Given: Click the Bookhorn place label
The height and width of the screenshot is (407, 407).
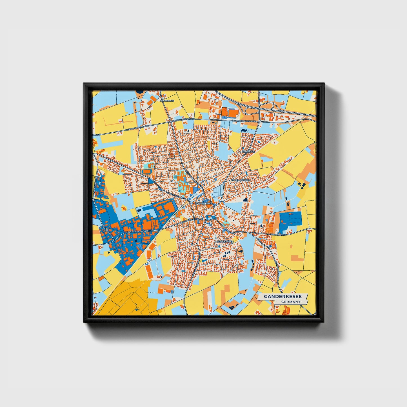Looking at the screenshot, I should pyautogui.click(x=167, y=100).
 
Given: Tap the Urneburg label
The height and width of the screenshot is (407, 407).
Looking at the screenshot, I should pyautogui.click(x=248, y=152).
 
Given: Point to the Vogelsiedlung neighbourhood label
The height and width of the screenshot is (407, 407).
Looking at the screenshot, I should pyautogui.click(x=241, y=180).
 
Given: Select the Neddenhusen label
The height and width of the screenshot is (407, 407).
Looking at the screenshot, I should pyautogui.click(x=224, y=242).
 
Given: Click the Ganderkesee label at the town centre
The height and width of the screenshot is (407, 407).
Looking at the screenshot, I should pyautogui.click(x=203, y=203).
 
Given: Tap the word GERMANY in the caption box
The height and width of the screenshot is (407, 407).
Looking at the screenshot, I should pyautogui.click(x=291, y=302).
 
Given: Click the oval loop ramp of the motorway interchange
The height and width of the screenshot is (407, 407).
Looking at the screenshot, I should pyautogui.click(x=271, y=107).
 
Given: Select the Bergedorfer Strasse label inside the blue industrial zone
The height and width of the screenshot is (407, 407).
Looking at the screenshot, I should pyautogui.click(x=136, y=232).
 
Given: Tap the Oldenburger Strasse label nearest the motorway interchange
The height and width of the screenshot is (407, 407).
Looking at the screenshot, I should pyautogui.click(x=244, y=121).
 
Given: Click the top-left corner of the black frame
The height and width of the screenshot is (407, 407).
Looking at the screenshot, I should pyautogui.click(x=84, y=84).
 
